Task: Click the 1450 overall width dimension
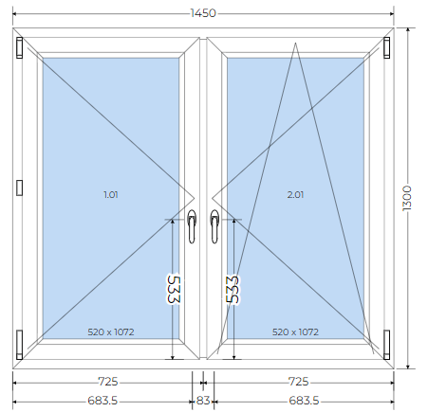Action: [203, 13]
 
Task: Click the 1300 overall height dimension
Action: [407, 198]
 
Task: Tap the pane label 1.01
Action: [111, 195]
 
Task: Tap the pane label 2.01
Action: [295, 195]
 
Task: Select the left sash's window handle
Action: [192, 226]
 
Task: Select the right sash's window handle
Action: [214, 226]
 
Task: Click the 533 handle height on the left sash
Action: [174, 289]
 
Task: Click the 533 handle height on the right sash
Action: [233, 289]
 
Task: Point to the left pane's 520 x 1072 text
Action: [111, 332]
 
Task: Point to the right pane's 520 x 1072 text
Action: [295, 332]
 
